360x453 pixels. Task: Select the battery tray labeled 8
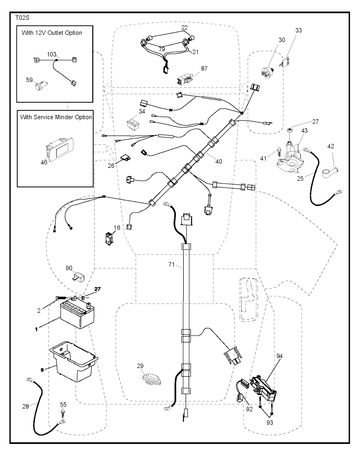click(x=74, y=364)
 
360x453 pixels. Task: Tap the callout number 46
click(x=44, y=163)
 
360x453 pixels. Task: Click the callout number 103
click(x=52, y=54)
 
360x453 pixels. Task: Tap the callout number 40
click(x=219, y=162)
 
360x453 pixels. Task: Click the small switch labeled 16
click(x=109, y=238)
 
